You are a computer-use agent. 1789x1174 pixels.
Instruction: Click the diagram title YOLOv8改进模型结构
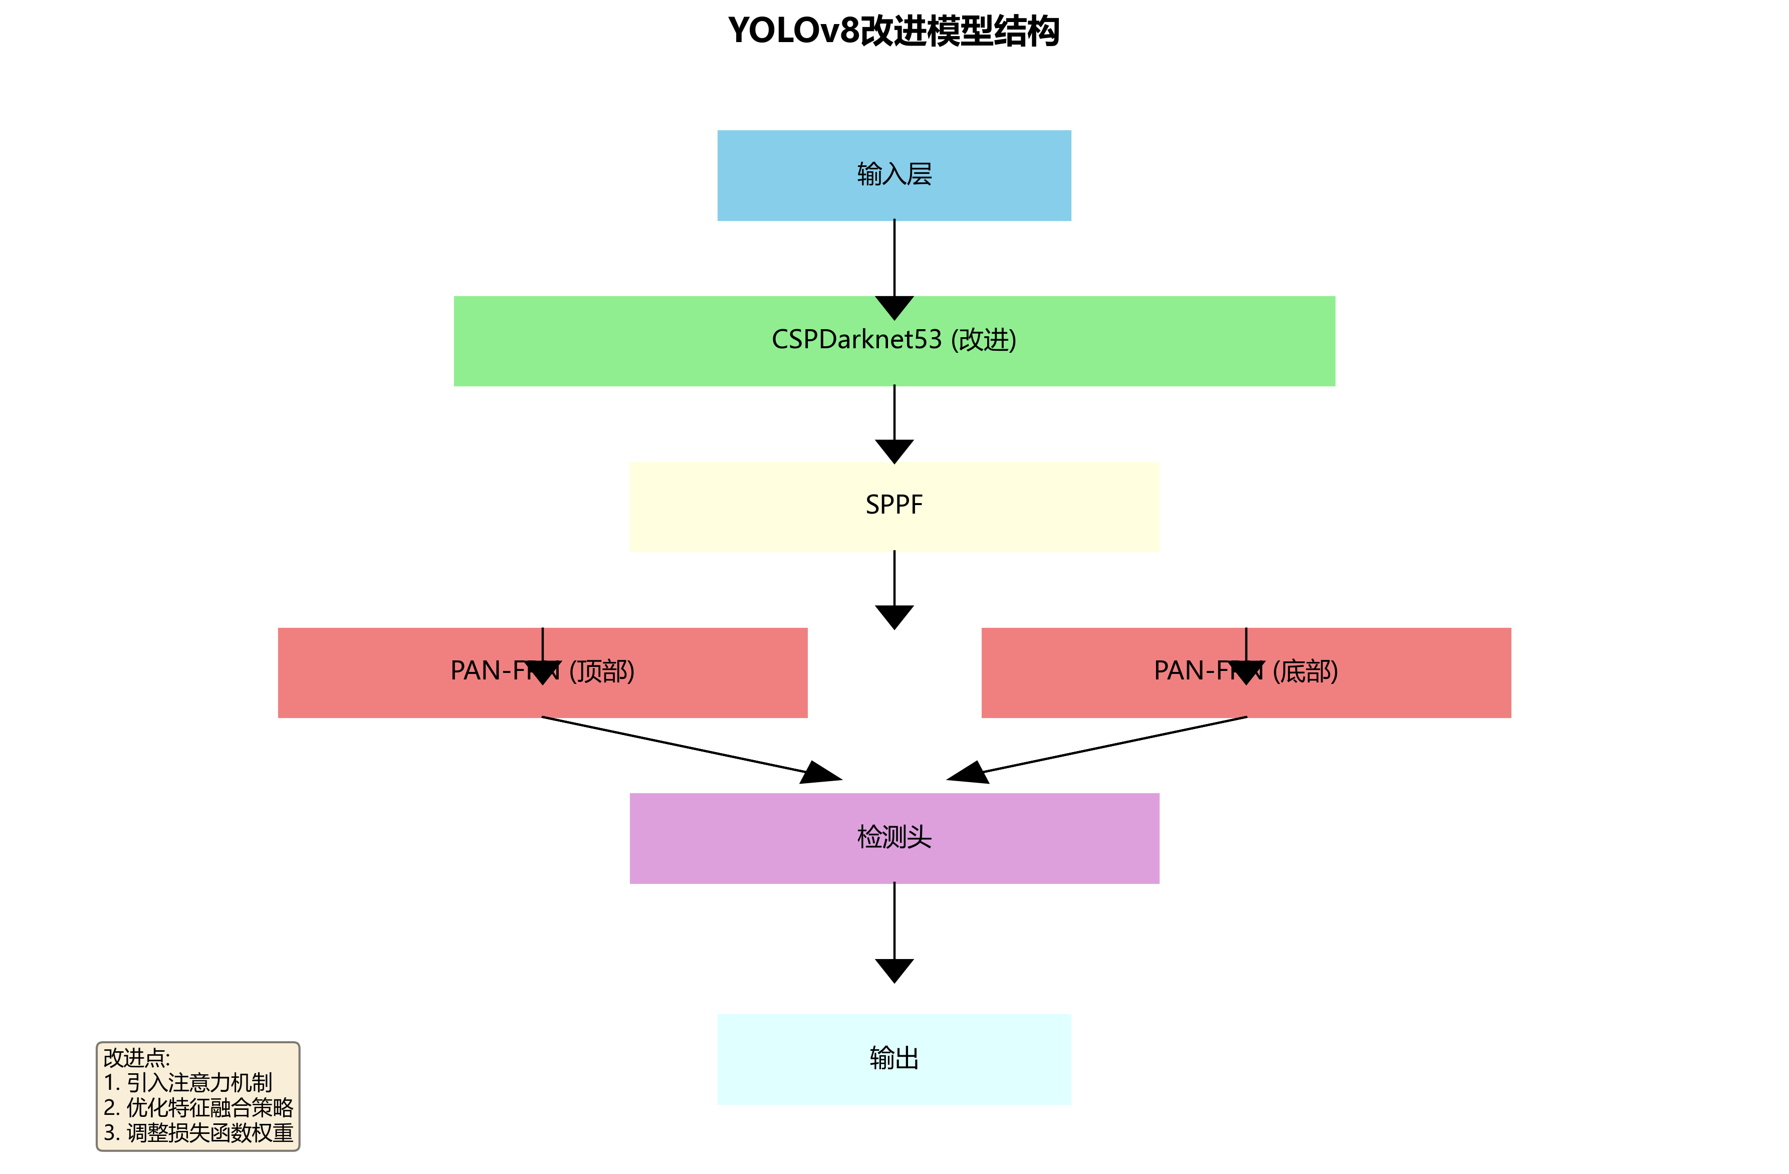(894, 32)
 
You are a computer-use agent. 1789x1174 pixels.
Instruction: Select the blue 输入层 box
(894, 175)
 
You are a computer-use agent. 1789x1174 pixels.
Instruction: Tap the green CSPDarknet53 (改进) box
(894, 341)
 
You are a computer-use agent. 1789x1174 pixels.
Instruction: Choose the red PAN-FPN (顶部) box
(376, 672)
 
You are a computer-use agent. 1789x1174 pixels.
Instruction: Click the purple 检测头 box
(894, 838)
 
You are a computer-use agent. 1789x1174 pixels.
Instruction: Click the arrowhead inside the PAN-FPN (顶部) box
(542, 672)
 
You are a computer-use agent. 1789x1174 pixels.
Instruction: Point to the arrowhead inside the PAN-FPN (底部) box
(1246, 672)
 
